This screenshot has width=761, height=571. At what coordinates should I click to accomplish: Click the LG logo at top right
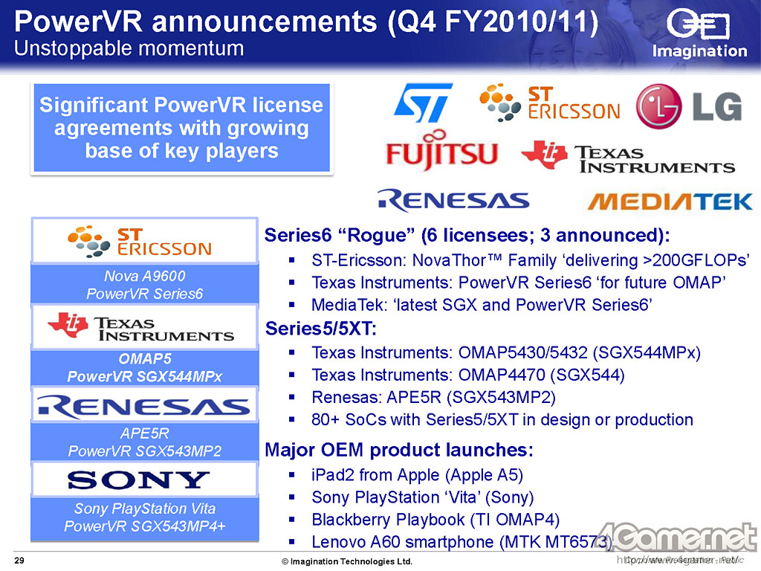pos(689,106)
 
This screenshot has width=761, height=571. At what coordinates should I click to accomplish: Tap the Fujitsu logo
pos(441,150)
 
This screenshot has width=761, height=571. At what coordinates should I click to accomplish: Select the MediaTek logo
pos(670,201)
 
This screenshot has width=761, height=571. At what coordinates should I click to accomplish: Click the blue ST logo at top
pos(423,103)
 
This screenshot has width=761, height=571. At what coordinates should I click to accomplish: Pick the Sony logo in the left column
pos(139,480)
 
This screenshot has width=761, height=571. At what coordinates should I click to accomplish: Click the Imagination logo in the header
pos(699,34)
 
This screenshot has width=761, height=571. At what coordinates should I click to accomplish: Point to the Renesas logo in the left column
pos(144,407)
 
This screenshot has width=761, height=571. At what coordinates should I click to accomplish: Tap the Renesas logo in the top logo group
pos(453,200)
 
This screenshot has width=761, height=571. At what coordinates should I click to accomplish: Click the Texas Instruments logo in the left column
pos(140,327)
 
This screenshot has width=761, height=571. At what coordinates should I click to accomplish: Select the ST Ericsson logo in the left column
pos(140,242)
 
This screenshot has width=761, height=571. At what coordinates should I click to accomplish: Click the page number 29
pos(19,561)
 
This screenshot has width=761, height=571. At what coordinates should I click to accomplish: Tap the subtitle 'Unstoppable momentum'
pos(129,48)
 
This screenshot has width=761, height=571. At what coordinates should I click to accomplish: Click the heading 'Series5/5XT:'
pos(321,329)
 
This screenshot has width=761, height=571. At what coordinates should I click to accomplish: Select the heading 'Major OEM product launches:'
pos(399,450)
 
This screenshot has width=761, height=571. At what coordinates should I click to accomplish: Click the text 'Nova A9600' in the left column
pos(145,276)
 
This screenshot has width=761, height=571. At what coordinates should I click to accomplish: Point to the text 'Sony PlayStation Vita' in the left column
pos(145,509)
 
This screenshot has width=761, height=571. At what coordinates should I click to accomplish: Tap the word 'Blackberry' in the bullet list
pos(346,520)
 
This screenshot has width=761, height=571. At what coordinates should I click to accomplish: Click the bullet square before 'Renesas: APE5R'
pos(291,397)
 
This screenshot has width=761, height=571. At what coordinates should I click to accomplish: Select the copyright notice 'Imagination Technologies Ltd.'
pos(347,561)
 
